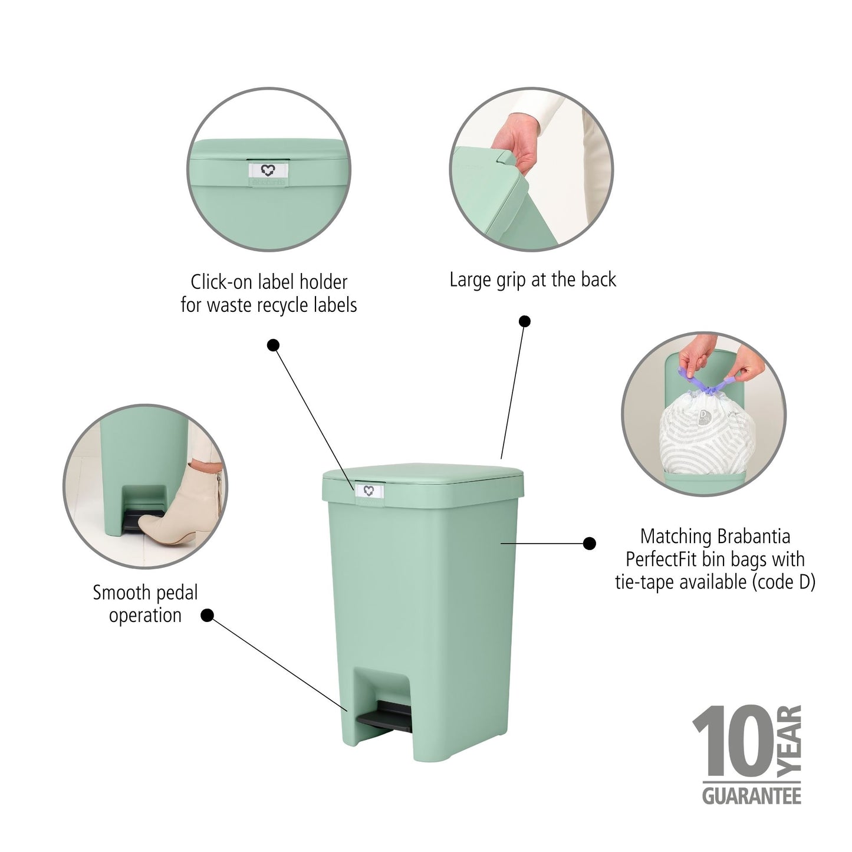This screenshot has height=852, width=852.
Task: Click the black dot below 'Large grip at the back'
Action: coord(524,321)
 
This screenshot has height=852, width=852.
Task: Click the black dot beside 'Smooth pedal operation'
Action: coord(207,616)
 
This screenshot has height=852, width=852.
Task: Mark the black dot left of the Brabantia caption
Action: coord(589,544)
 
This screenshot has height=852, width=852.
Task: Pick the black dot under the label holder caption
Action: coord(273,345)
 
